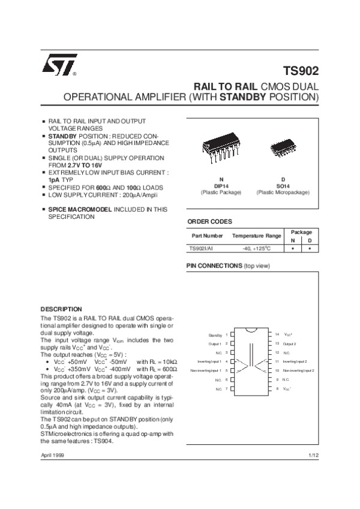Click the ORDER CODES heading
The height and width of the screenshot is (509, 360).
click(x=209, y=221)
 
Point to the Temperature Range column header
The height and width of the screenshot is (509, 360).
click(x=257, y=236)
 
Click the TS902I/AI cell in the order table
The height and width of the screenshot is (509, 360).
click(x=202, y=247)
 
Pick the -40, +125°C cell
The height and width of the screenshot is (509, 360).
click(x=257, y=247)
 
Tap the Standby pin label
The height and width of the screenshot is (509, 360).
click(x=215, y=334)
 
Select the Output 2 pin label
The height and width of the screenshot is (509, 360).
click(x=290, y=344)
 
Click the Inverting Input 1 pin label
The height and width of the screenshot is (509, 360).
click(x=209, y=362)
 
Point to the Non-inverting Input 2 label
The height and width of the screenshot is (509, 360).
click(x=298, y=371)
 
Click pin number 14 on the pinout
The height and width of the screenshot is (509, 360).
click(x=277, y=333)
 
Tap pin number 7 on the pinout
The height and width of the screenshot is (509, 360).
click(x=226, y=389)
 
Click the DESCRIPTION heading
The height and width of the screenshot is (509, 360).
click(x=61, y=309)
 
